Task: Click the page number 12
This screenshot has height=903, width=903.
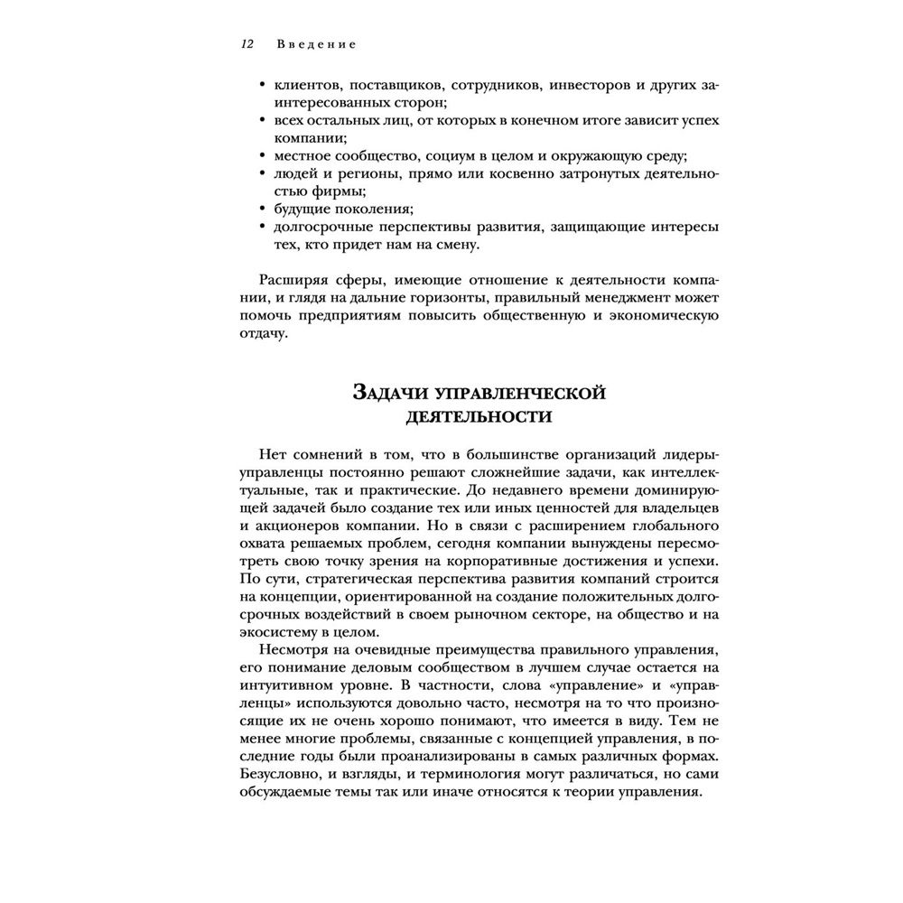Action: point(247,43)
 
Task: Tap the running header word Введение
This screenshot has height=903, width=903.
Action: point(316,43)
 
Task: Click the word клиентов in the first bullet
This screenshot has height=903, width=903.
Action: point(302,85)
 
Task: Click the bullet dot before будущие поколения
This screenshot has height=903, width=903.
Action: point(261,208)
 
